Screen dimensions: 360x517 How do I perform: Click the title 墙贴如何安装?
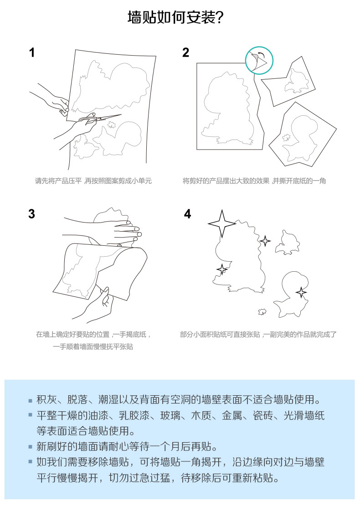point(176,17)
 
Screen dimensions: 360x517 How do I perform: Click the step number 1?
point(31,52)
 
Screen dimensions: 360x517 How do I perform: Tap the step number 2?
point(185,52)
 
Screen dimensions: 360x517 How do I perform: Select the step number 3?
point(31,214)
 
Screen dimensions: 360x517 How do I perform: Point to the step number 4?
point(187,214)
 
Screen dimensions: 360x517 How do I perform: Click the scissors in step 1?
point(99,119)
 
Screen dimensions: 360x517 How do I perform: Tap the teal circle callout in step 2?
point(259,60)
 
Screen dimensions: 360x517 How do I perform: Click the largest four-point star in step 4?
point(222,223)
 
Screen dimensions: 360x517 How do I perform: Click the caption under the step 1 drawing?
point(93,181)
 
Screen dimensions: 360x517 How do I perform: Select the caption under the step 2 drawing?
point(254,181)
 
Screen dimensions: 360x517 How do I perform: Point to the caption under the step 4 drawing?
point(258,334)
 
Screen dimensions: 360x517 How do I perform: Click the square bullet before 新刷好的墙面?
point(31,447)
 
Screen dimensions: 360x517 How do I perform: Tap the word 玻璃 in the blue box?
point(170,415)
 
